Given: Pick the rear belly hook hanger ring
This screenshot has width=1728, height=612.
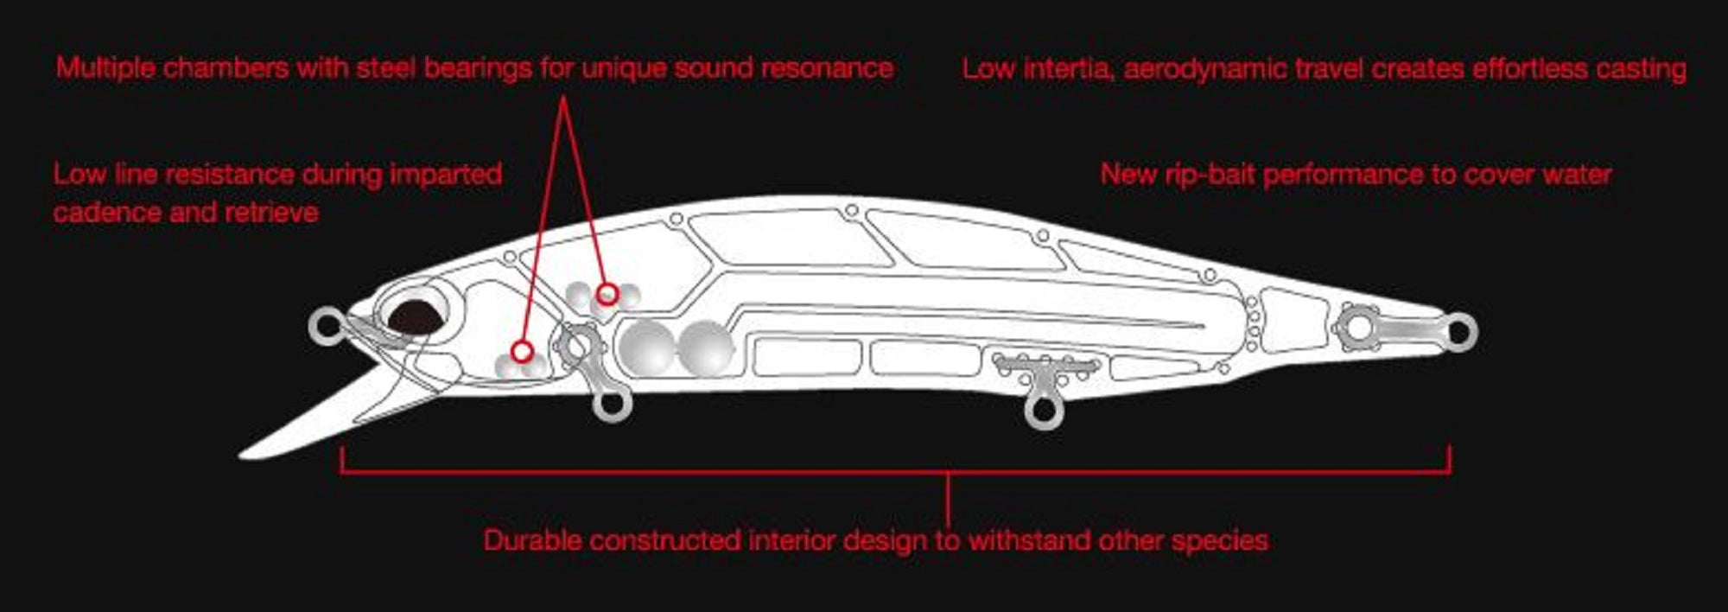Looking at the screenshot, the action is (1043, 410).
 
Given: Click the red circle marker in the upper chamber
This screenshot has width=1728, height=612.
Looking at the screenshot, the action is (607, 294).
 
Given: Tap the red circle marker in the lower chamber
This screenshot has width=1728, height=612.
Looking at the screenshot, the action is (521, 351).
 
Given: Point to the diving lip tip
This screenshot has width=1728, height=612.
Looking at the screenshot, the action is (243, 454).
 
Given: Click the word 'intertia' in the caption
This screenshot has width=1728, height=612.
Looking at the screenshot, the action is (1068, 68).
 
